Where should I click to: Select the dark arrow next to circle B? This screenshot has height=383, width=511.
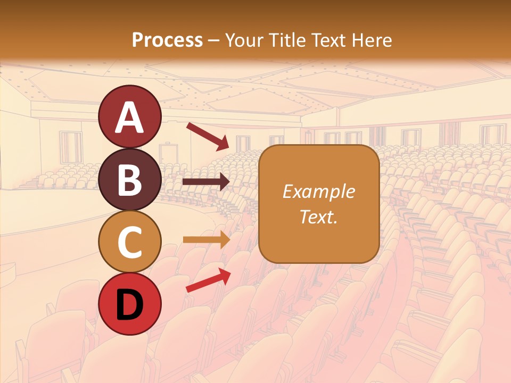click(x=206, y=182)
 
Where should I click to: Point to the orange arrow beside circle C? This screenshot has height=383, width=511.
click(x=206, y=239)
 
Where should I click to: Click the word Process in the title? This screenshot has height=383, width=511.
click(x=167, y=40)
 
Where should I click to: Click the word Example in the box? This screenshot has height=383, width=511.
click(x=319, y=191)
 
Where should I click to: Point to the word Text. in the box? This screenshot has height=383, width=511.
click(x=319, y=217)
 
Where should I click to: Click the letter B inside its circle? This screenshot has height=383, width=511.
click(x=129, y=180)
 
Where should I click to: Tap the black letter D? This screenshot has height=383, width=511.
click(x=129, y=305)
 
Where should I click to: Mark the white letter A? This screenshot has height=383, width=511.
click(x=129, y=117)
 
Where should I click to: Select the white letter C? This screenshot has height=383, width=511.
click(x=129, y=242)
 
